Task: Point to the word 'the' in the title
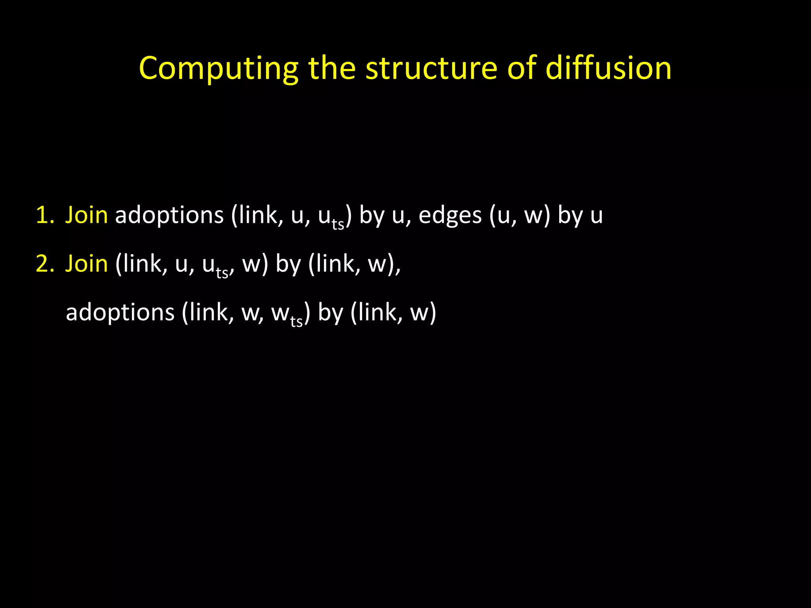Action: [x=332, y=68]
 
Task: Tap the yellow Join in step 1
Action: [x=86, y=216]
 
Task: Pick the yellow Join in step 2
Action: [x=86, y=264]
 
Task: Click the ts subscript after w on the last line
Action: [x=297, y=321]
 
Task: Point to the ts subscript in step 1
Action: [x=338, y=224]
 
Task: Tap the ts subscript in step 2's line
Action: [x=222, y=273]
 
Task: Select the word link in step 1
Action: [x=256, y=216]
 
